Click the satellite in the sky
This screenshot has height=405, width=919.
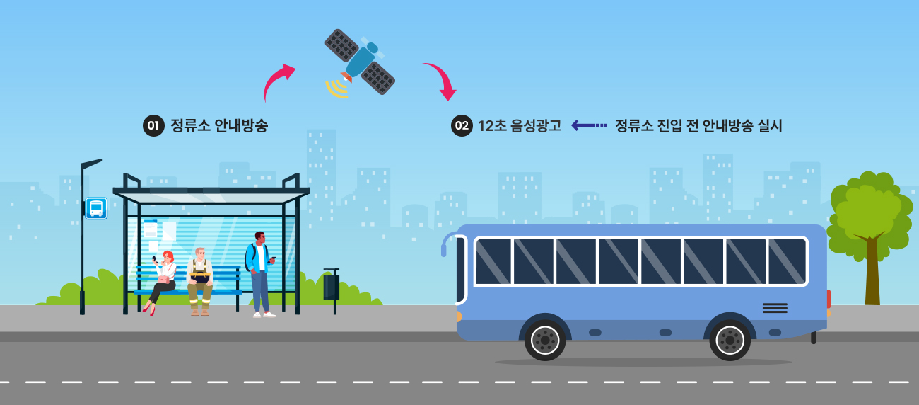point(360,62)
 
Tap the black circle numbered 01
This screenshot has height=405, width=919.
point(153,126)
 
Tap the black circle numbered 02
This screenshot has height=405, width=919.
point(462,126)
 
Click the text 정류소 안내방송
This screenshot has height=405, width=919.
point(219,126)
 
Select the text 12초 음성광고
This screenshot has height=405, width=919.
point(520,126)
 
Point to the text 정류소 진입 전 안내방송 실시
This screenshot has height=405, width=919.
point(698,126)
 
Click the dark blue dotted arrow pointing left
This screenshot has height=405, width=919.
point(589,125)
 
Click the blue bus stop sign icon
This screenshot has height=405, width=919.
point(96,208)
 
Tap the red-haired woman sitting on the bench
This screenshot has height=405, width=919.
point(163,280)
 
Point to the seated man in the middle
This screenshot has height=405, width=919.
point(200,280)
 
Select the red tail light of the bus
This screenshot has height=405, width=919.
point(829,299)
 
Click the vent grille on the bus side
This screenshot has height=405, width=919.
point(775,308)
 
